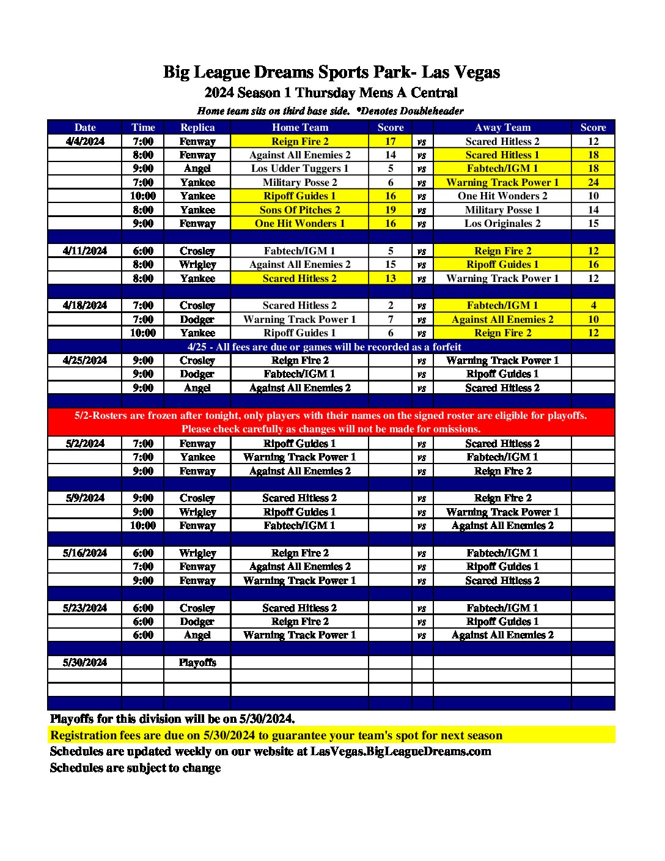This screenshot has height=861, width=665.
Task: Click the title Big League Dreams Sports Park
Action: coord(331,72)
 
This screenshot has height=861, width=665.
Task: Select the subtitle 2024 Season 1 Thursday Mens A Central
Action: coord(331,93)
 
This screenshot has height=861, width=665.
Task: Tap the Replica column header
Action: coord(197,127)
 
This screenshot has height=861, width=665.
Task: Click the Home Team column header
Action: coord(299,127)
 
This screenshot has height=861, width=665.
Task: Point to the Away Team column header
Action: coord(502,127)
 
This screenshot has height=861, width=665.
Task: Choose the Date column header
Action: coord(85,127)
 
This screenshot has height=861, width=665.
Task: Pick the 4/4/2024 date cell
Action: coord(85,141)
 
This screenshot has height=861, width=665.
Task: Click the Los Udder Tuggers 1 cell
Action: coord(299,168)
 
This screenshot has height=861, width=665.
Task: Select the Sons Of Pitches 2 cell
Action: coord(299,210)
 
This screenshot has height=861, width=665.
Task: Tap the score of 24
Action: coord(593,182)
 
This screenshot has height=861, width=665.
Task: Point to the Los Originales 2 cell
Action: coord(502,223)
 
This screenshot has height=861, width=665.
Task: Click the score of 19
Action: coord(391,210)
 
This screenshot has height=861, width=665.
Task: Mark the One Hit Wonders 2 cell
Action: coord(502,196)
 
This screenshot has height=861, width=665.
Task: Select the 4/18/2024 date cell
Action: coord(85,305)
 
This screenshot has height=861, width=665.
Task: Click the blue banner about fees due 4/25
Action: coord(324,347)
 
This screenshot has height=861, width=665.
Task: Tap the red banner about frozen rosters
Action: coord(331,422)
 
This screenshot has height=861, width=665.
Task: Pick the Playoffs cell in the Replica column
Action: coord(197,662)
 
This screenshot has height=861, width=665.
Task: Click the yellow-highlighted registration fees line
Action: coord(276,735)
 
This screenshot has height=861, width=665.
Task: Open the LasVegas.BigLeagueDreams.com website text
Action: coord(400,752)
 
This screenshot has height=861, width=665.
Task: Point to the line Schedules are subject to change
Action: coord(135,768)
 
